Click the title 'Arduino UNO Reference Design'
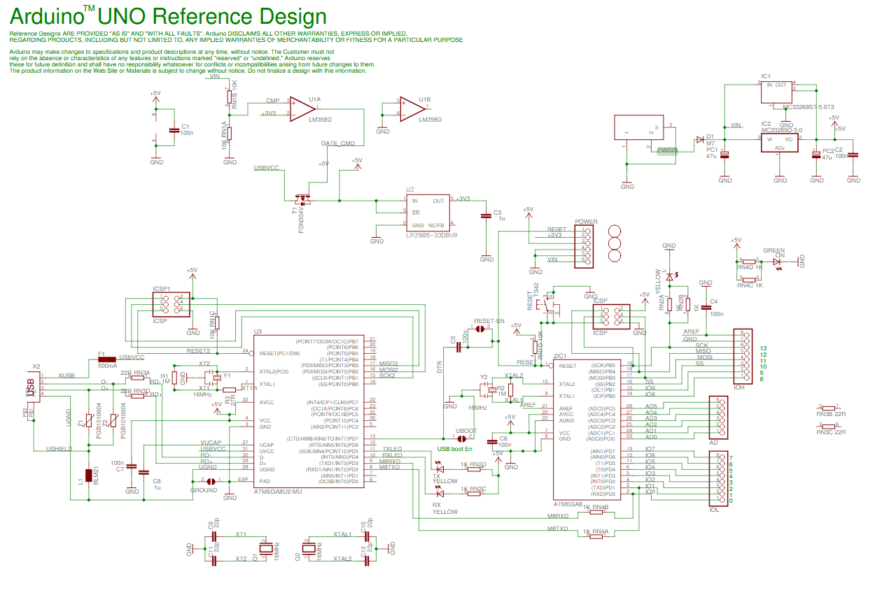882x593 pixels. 168,16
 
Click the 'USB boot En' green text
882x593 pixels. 455,448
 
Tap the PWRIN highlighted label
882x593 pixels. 668,150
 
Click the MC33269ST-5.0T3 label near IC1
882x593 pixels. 808,107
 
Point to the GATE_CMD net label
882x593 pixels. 337,143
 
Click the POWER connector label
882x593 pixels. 586,222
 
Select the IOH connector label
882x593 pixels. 738,387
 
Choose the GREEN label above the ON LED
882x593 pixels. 773,250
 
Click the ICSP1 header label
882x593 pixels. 162,289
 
